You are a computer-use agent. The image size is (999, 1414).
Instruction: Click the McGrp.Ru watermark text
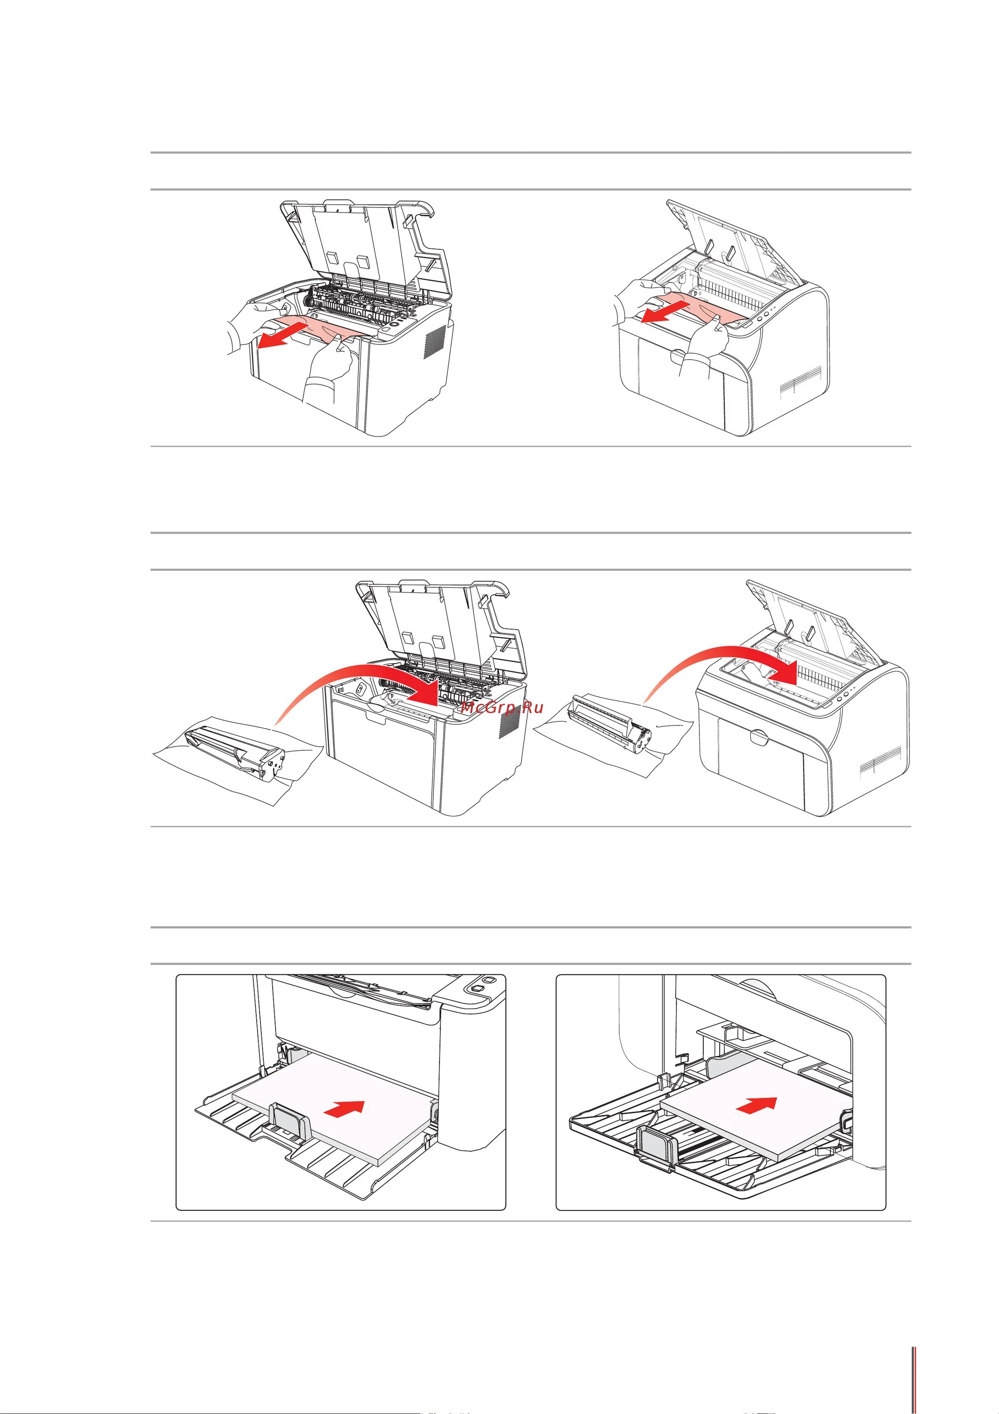click(502, 707)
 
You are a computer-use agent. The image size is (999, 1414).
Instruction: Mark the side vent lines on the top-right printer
click(801, 379)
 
